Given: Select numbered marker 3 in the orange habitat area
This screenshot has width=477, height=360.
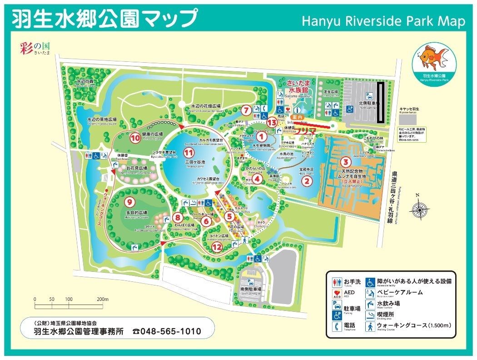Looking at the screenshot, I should [x=346, y=161].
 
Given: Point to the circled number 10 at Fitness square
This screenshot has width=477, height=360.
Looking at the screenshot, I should [x=135, y=138].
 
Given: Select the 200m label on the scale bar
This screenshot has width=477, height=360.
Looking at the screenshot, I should [x=103, y=299].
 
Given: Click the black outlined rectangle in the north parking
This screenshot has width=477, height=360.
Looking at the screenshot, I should [x=381, y=103].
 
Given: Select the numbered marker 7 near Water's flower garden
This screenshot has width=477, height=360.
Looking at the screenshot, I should [x=245, y=110].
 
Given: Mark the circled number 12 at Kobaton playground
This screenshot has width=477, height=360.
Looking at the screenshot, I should [x=218, y=247].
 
